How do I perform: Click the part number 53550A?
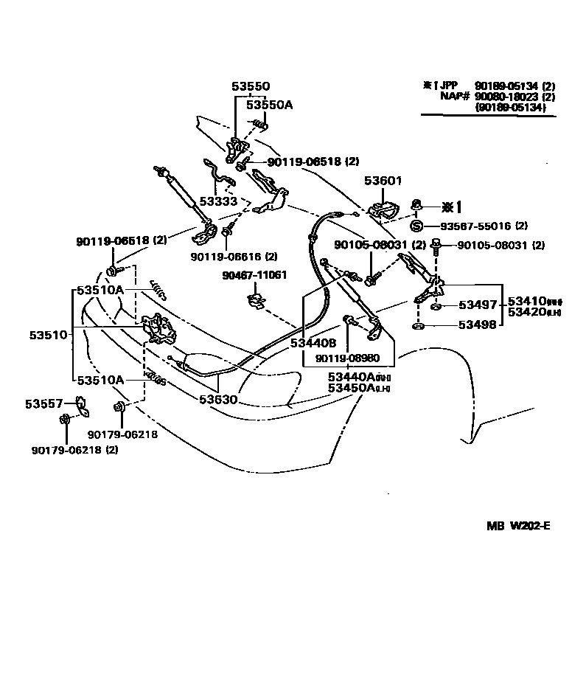coord(269,105)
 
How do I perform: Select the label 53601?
coord(383,181)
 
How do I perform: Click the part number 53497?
coord(478,305)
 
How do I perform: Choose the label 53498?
coord(478,325)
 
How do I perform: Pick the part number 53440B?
coord(313,342)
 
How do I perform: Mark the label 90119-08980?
coord(347,358)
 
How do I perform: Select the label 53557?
coord(46,403)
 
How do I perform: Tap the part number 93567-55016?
coord(478,226)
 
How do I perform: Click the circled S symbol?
coord(416,226)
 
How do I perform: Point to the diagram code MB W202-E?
coord(517,526)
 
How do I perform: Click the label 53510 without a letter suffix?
coord(49,335)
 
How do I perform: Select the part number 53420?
coord(524,312)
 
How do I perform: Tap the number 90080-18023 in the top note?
coord(506,96)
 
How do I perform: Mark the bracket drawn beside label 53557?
coord(80,403)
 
